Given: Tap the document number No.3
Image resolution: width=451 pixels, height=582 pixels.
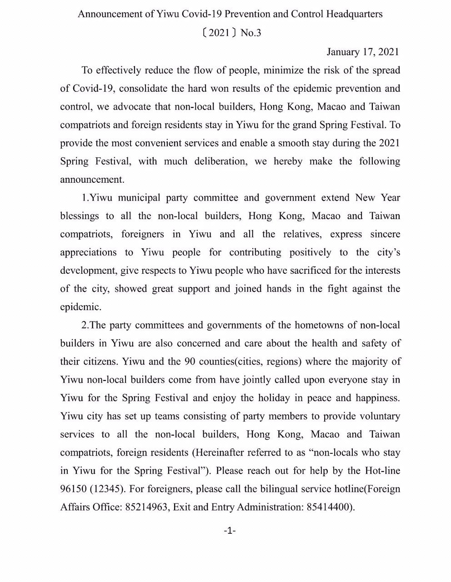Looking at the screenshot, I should pyautogui.click(x=251, y=33).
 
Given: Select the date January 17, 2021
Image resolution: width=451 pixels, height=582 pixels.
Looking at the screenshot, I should pyautogui.click(x=362, y=52).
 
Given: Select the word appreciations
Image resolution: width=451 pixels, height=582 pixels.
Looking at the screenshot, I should pyautogui.click(x=88, y=252).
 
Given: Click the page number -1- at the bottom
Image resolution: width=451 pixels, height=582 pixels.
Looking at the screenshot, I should pyautogui.click(x=230, y=531).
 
